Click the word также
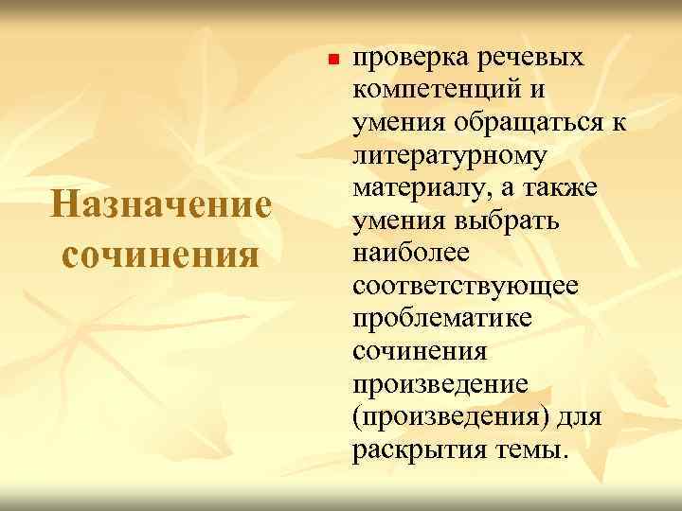pos(565,188)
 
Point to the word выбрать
pos(507,221)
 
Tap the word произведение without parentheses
pos(440,384)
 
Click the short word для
pos(581,416)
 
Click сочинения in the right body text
pos(419,351)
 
